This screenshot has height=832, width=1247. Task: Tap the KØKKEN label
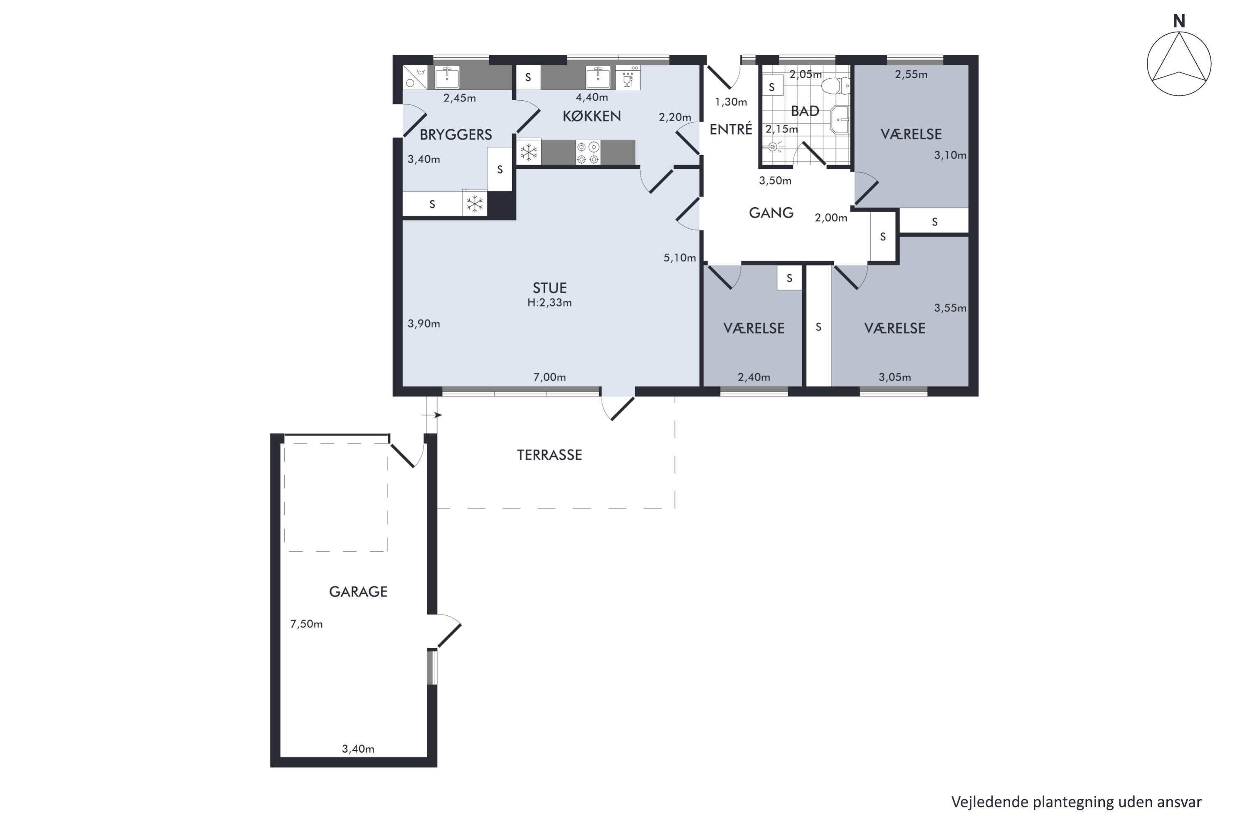coord(591,116)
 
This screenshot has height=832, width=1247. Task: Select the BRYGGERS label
coord(456,135)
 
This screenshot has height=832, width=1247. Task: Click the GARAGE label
coord(358,592)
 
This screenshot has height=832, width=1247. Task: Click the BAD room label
coord(805,111)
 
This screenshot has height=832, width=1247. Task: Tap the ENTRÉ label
coord(731,129)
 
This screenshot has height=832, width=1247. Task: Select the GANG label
coord(771,213)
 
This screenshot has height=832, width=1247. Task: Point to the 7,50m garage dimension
coord(306,624)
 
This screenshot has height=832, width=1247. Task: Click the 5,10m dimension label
coord(680,258)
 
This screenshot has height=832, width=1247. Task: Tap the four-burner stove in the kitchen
coord(588,153)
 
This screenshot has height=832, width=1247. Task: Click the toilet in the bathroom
coord(835,85)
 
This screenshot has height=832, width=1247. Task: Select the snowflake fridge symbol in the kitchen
coord(529,153)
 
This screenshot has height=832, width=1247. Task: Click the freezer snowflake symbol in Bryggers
coord(475,204)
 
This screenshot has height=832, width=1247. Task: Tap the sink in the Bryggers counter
coord(447,77)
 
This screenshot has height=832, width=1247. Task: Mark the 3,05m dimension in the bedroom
coord(895,377)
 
